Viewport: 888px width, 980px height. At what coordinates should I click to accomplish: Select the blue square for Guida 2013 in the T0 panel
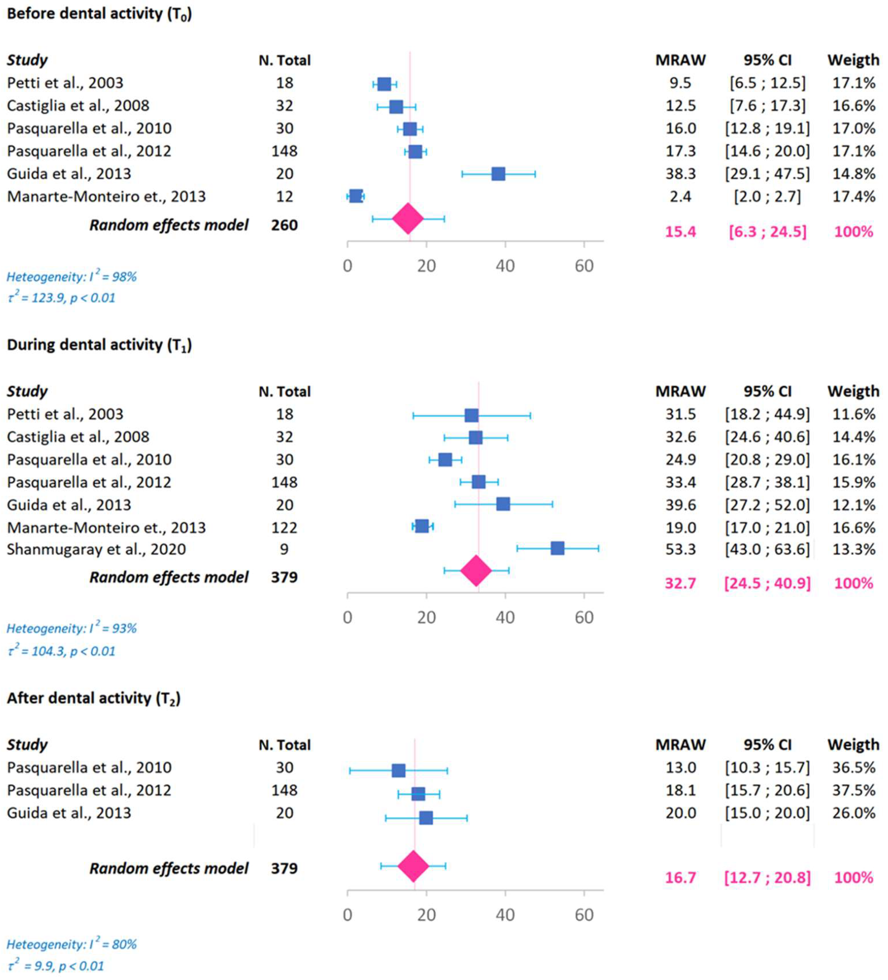click(498, 174)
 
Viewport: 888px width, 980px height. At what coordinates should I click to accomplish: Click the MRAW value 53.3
click(680, 549)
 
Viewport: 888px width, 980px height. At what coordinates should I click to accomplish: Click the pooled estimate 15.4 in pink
click(680, 231)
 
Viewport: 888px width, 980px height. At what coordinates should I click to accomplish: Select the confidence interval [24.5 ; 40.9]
click(767, 583)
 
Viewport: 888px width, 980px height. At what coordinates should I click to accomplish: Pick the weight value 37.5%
click(854, 790)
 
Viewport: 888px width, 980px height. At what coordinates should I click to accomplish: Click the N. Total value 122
click(284, 527)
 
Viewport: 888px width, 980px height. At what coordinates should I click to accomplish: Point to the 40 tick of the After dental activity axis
click(505, 915)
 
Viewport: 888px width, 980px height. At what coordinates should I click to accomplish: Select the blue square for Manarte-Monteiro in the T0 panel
click(356, 196)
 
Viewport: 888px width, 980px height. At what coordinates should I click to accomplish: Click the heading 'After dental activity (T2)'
click(93, 699)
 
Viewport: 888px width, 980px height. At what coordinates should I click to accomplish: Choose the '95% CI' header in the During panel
click(767, 391)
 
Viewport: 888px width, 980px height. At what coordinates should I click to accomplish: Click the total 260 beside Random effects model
click(284, 225)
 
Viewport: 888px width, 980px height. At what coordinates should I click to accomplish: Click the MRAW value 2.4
click(680, 196)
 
